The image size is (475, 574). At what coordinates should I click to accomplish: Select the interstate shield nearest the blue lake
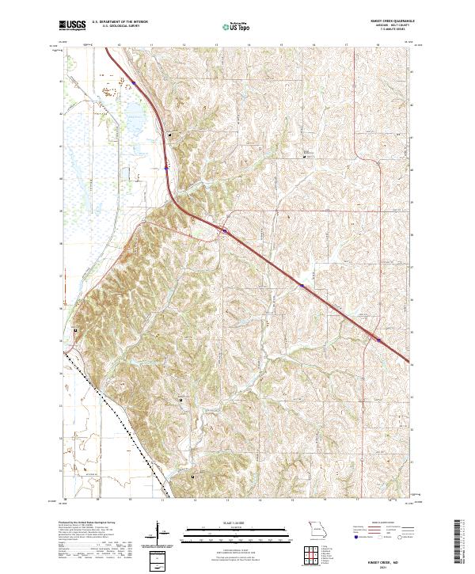pyautogui.click(x=134, y=82)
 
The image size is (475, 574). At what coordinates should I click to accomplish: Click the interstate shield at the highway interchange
pyautogui.click(x=225, y=231)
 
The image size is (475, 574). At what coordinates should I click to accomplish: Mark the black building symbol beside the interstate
pyautogui.click(x=169, y=139)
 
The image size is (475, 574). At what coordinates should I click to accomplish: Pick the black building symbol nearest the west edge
pyautogui.click(x=76, y=330)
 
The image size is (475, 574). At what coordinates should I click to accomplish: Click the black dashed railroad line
pyautogui.click(x=119, y=412)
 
